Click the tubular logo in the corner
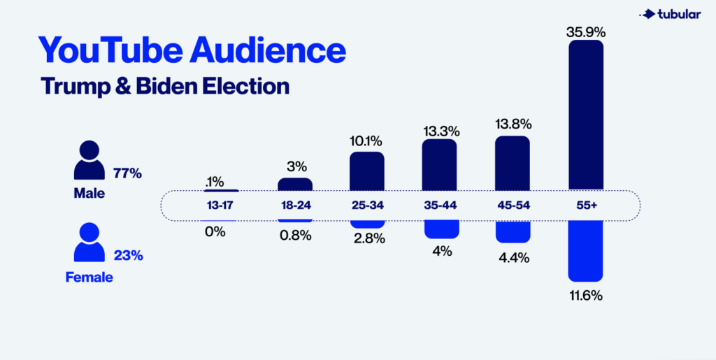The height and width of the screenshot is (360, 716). pyautogui.click(x=665, y=13)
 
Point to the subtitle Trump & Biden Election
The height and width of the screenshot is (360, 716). pyautogui.click(x=165, y=86)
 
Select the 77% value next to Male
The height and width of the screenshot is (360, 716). pyautogui.click(x=127, y=173)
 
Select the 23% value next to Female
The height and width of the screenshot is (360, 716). pyautogui.click(x=127, y=256)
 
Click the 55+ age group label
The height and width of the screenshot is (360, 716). pyautogui.click(x=585, y=206)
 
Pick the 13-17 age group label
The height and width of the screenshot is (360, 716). pyautogui.click(x=220, y=206)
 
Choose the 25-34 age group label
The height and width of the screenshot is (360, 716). pyautogui.click(x=366, y=206)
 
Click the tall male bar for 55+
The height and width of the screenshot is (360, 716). pyautogui.click(x=585, y=115)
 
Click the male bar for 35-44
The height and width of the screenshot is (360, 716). pyautogui.click(x=439, y=165)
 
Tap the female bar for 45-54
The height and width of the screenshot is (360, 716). pyautogui.click(x=513, y=230)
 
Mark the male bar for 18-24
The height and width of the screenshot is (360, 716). pyautogui.click(x=294, y=185)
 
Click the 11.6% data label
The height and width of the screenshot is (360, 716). pyautogui.click(x=585, y=296)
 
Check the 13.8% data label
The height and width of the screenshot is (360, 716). pyautogui.click(x=513, y=124)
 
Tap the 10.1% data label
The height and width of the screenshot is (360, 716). pyautogui.click(x=366, y=141)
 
